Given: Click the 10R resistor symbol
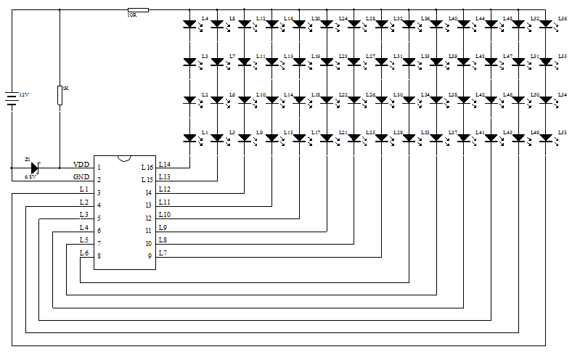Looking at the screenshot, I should tap(137, 10).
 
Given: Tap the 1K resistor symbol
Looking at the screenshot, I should tap(60, 95).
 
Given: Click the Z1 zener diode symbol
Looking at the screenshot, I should tap(33, 167).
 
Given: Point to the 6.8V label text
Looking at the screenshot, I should tap(30, 176).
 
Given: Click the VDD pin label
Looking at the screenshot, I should tap(81, 165).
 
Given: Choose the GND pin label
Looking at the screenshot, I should tap(81, 177).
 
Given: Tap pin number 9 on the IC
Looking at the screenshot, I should tap(149, 255).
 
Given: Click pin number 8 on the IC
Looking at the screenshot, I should tap(99, 255).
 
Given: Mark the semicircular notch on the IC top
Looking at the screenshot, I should tap(124, 157).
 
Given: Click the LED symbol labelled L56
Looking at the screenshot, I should tap(547, 24).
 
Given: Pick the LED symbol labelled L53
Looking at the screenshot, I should tap(547, 138).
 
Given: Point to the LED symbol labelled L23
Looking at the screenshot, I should tap(327, 62).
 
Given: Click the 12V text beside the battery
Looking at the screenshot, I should tap(24, 95).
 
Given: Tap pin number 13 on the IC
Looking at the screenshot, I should tap(149, 205).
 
